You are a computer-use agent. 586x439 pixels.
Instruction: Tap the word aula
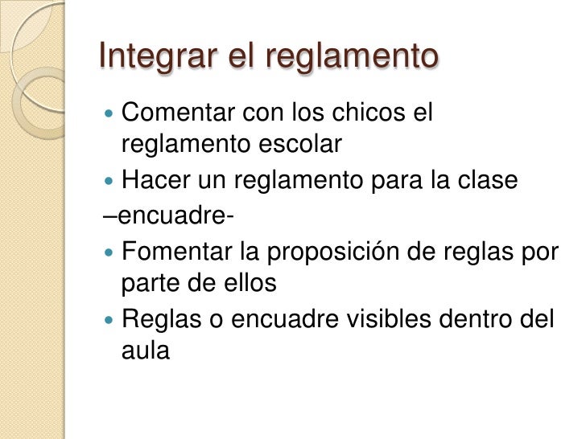coord(146,351)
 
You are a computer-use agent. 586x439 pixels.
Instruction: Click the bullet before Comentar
coord(110,113)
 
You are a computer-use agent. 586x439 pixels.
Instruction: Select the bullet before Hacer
coord(110,183)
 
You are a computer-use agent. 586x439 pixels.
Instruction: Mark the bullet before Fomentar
coord(110,252)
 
